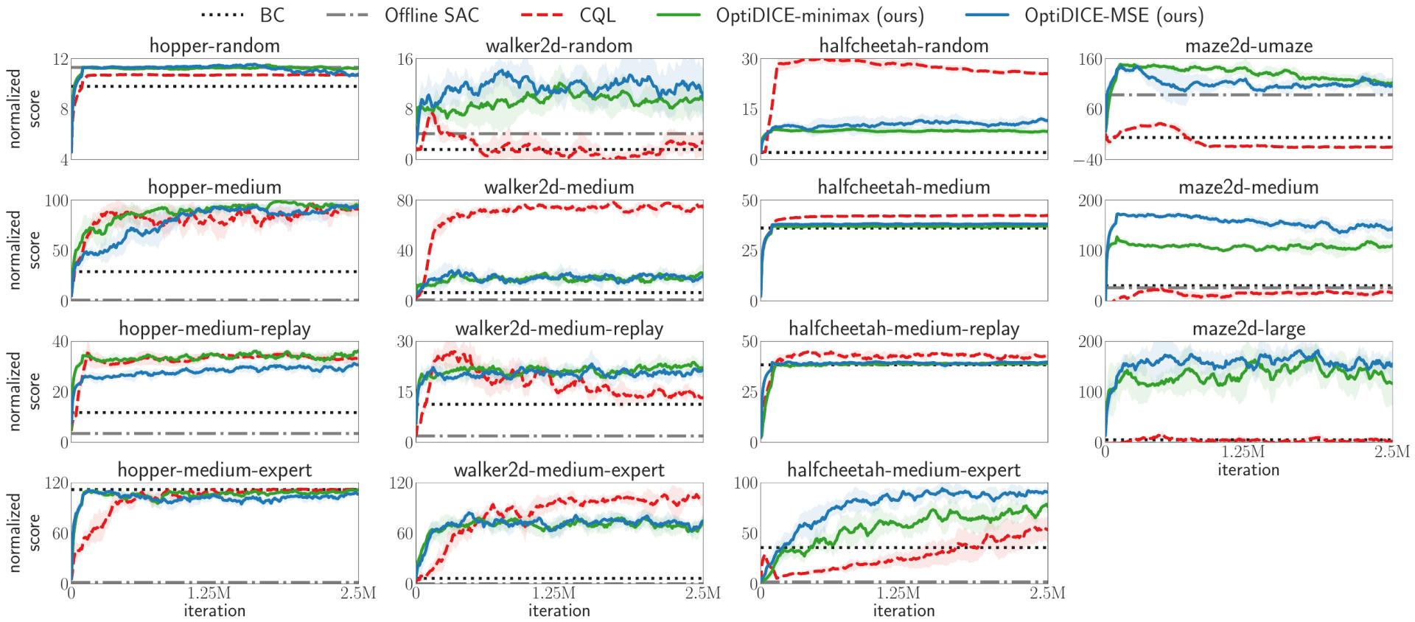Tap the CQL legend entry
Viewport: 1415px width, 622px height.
point(601,15)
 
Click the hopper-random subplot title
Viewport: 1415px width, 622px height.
point(214,46)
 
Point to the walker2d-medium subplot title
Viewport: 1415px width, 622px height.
point(559,187)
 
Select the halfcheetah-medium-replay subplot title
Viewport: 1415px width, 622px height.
point(904,329)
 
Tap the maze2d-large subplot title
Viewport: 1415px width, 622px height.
point(1248,329)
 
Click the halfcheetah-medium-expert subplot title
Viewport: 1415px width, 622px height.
point(904,470)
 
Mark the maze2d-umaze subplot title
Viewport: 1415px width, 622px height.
point(1248,46)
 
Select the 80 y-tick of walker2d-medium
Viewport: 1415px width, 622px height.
point(404,200)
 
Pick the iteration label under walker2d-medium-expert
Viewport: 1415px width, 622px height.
point(559,611)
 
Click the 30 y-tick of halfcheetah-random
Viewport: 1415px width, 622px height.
point(749,59)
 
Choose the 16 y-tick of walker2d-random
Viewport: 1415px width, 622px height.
point(404,59)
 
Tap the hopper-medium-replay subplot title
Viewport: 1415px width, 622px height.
point(214,329)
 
